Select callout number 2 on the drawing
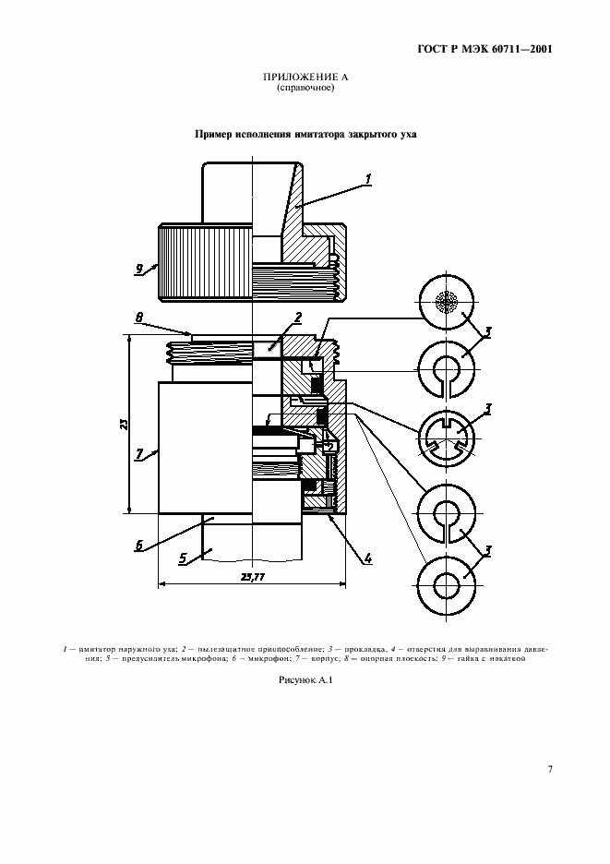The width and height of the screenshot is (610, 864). coord(299,318)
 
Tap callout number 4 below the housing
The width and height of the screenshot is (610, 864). coord(367,558)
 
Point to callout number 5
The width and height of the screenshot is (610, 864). coord(183,558)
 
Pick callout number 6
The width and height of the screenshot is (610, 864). coord(139,545)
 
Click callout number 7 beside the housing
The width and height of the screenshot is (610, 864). coord(139,453)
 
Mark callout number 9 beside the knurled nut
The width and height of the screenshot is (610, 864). coord(139,269)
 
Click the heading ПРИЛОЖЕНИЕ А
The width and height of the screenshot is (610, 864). coord(305,78)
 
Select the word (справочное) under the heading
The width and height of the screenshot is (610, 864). coord(305,89)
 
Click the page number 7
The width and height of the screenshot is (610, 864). coord(550,768)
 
